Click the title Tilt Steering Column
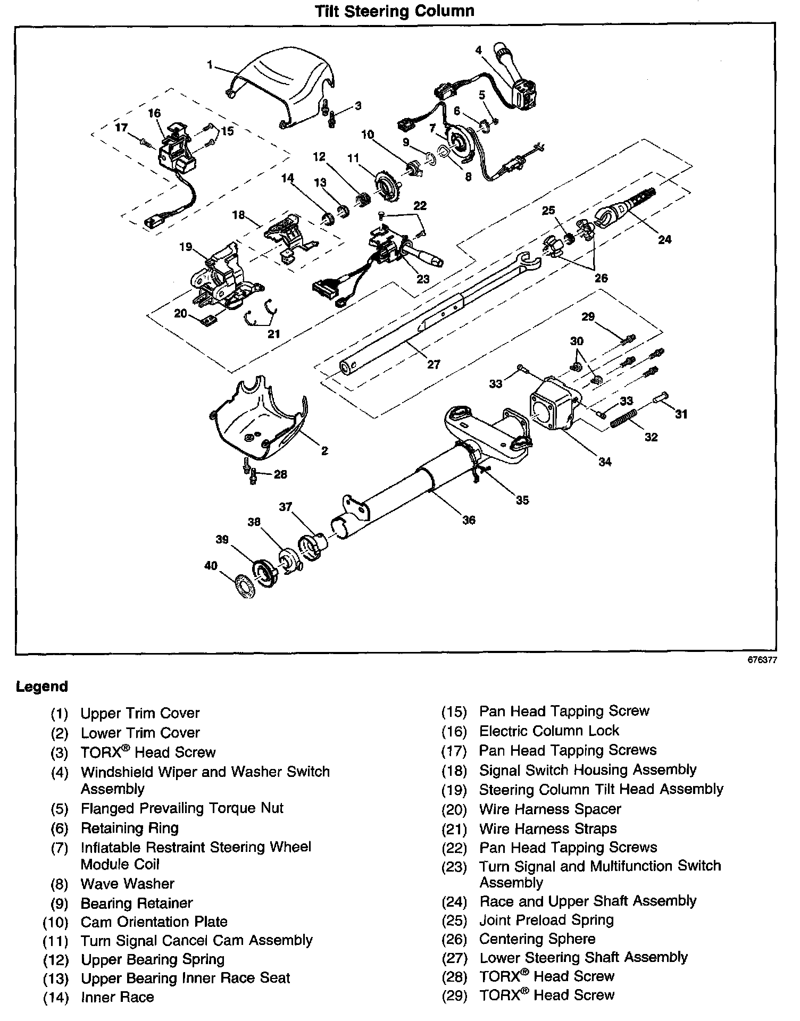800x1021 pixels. coord(394,11)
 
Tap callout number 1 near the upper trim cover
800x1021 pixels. coord(210,64)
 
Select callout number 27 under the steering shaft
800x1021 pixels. coord(434,364)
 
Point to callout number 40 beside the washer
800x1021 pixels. coord(211,565)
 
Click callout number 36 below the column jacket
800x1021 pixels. coord(468,520)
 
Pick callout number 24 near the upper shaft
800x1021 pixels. coord(664,239)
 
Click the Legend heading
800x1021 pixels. coord(42,687)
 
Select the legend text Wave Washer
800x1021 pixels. coord(128,884)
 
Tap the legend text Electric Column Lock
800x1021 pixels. coord(549,731)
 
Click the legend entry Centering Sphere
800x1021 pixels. coord(537,939)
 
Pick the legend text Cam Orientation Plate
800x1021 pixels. coord(154,922)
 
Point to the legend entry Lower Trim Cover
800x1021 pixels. coord(140,732)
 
